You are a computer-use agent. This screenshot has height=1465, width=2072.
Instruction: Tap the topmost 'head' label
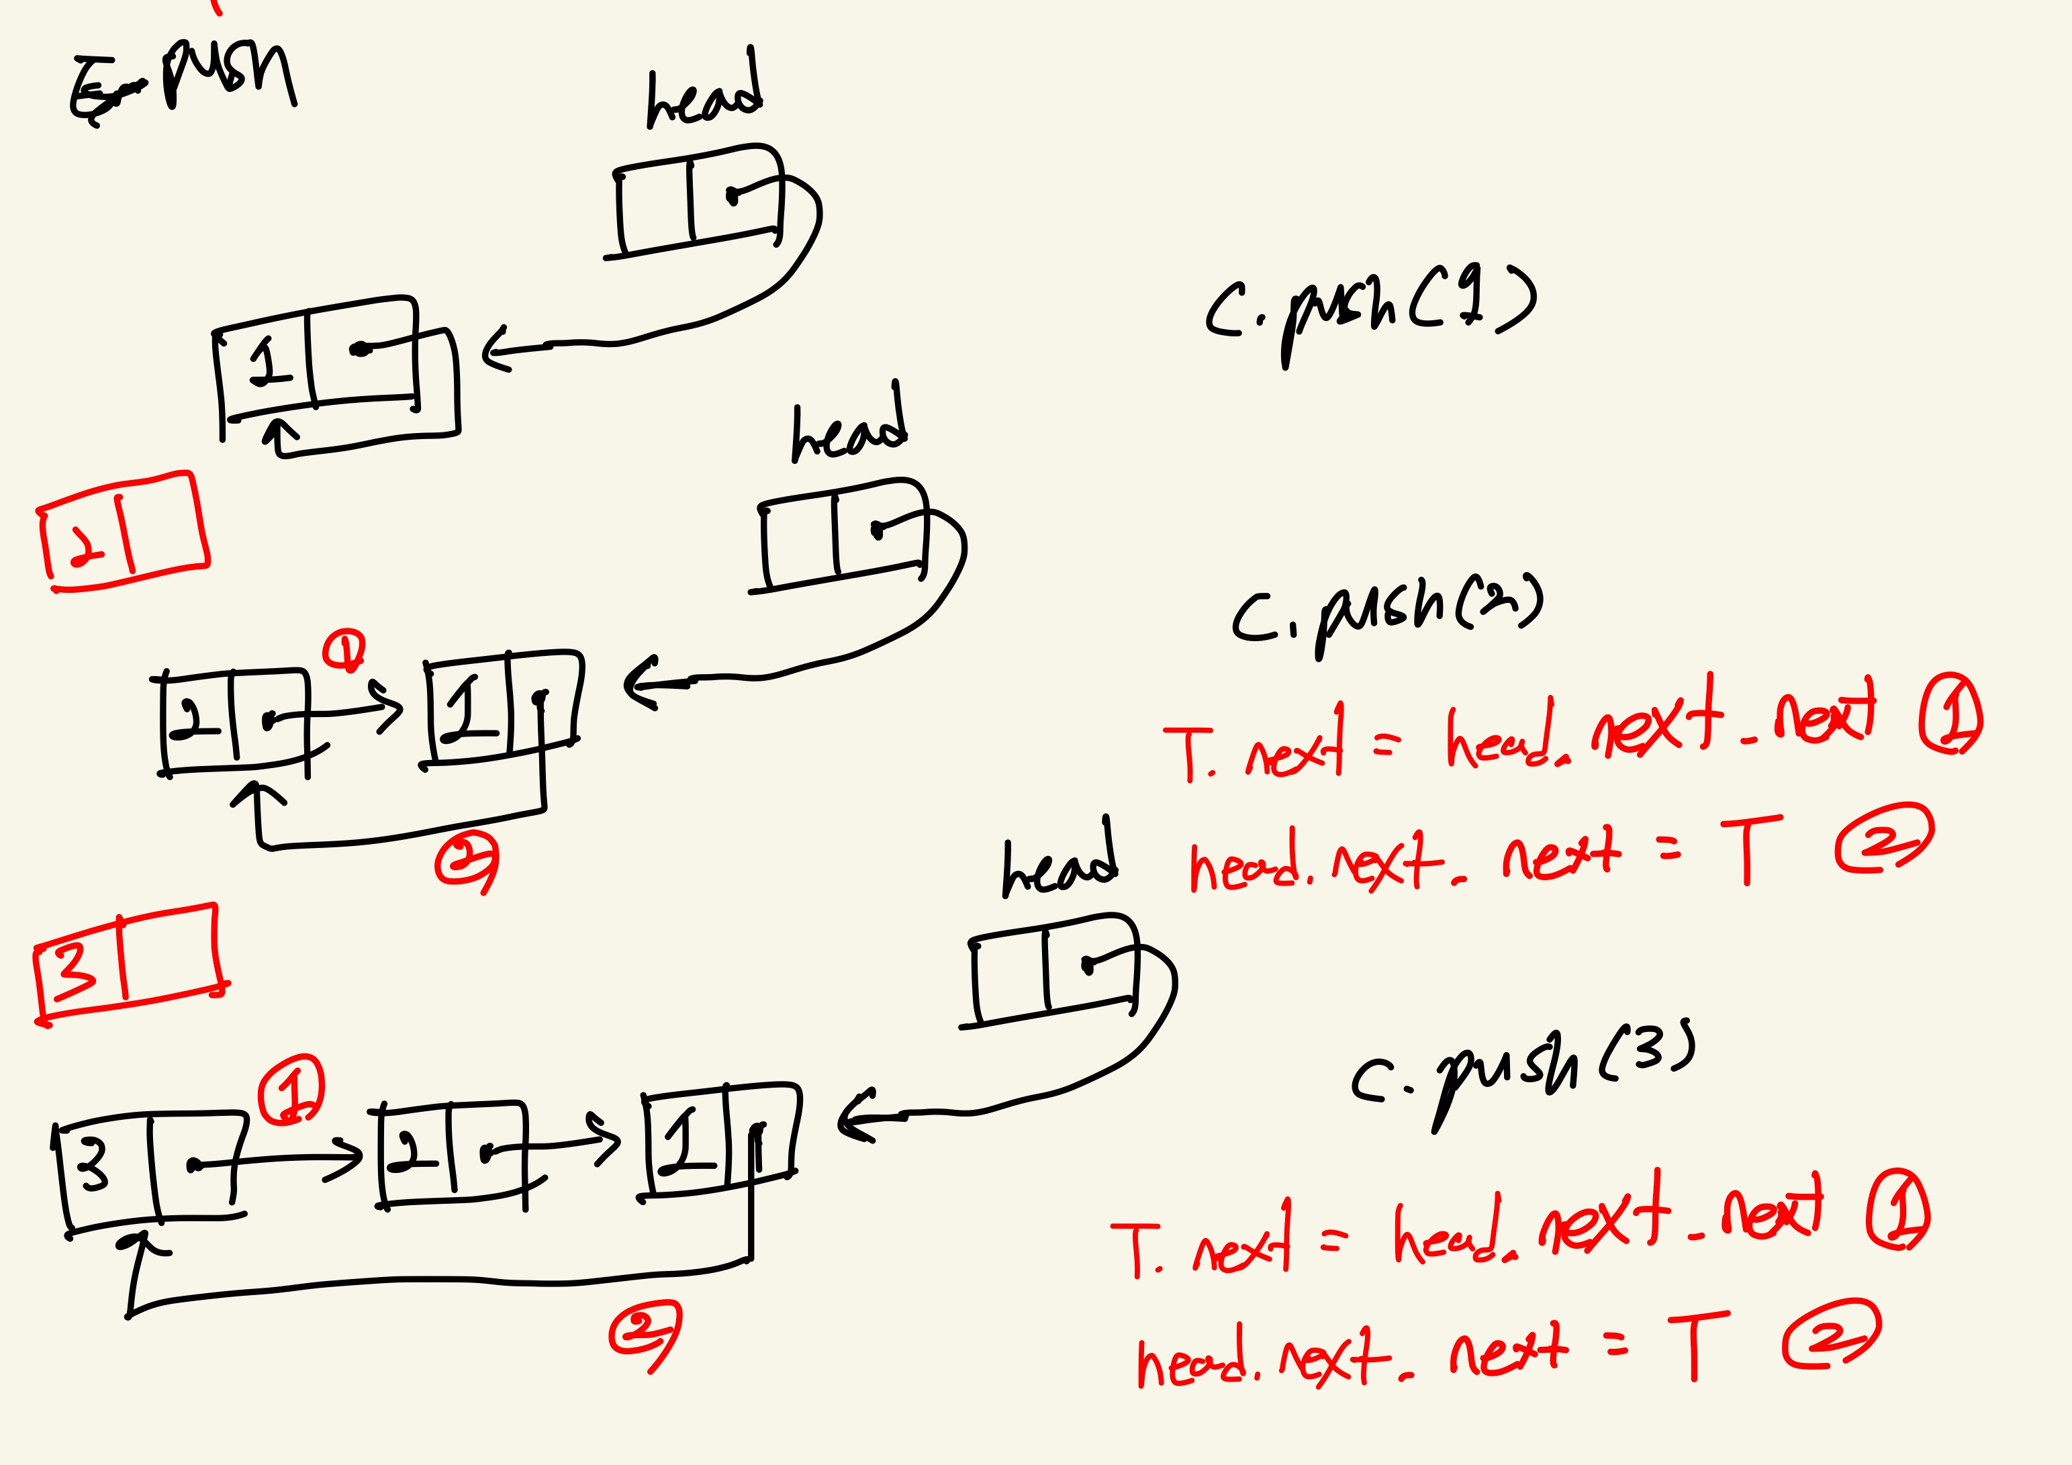click(x=704, y=95)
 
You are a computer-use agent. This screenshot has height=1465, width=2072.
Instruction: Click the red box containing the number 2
click(x=124, y=532)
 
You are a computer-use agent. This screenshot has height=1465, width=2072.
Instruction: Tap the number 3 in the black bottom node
click(x=93, y=1164)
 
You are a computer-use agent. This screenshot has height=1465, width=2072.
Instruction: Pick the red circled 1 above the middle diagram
click(x=344, y=650)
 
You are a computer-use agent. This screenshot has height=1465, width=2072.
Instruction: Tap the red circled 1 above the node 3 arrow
click(x=291, y=1090)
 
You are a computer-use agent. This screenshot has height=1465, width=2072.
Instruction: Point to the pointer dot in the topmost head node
click(x=732, y=195)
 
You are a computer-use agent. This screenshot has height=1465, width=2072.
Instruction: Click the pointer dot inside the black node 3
click(x=192, y=1166)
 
